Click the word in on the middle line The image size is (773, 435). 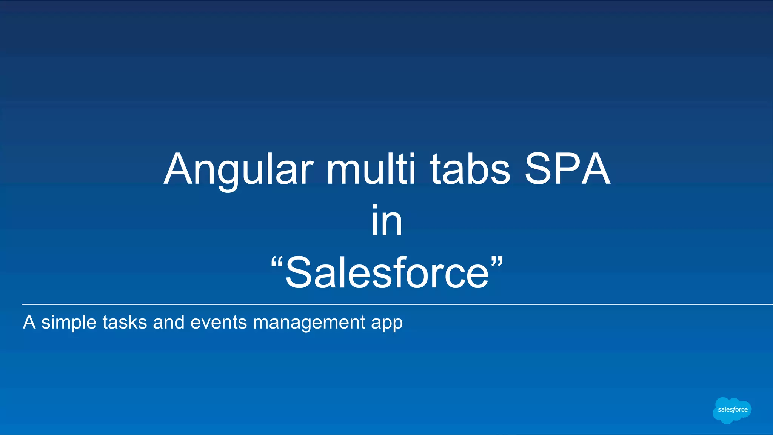pos(386,221)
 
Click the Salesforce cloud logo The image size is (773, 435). pos(732,410)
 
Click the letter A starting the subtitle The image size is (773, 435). pos(29,323)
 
